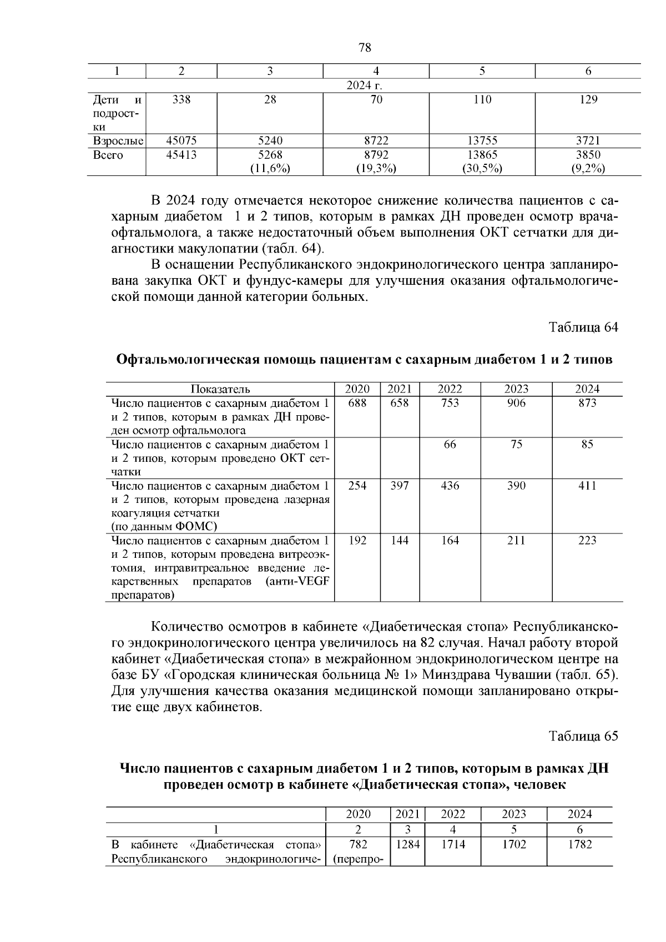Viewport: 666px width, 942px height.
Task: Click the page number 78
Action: pyautogui.click(x=365, y=48)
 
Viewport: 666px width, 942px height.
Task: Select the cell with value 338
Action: pyautogui.click(x=181, y=100)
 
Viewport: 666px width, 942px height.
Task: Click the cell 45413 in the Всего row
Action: pyautogui.click(x=181, y=155)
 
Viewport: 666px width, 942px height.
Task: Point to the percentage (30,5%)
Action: pyautogui.click(x=482, y=169)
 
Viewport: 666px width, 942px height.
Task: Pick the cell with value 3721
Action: pyautogui.click(x=588, y=141)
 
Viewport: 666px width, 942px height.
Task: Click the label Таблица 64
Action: pyautogui.click(x=583, y=327)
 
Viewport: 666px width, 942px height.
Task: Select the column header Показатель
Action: pyautogui.click(x=220, y=389)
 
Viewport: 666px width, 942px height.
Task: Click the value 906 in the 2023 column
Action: pyautogui.click(x=516, y=404)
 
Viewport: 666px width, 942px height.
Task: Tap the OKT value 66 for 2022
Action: pyautogui.click(x=450, y=445)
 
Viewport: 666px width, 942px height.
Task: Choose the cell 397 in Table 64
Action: pyautogui.click(x=400, y=486)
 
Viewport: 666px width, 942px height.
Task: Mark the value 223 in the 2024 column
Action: pyautogui.click(x=587, y=541)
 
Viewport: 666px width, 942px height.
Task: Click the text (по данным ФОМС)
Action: pyautogui.click(x=164, y=526)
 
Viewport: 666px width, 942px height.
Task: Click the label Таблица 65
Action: pyautogui.click(x=583, y=736)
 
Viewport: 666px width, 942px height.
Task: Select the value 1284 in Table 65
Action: pyautogui.click(x=407, y=844)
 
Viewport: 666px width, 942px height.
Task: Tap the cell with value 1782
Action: pyautogui.click(x=579, y=844)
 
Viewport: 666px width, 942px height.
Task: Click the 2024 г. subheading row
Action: pyautogui.click(x=365, y=85)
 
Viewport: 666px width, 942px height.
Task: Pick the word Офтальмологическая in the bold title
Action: pyautogui.click(x=186, y=359)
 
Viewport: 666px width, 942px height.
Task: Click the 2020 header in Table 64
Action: pyautogui.click(x=357, y=389)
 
